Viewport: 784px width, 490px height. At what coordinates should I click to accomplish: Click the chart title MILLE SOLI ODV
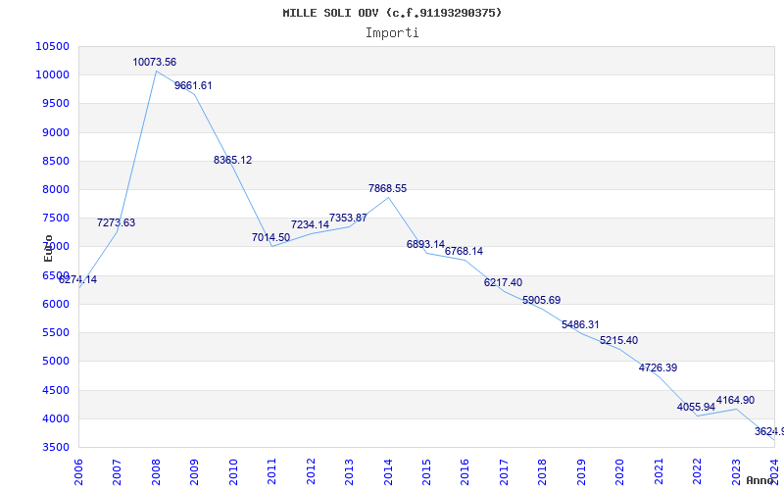[392, 13]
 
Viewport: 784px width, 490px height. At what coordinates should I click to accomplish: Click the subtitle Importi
[392, 32]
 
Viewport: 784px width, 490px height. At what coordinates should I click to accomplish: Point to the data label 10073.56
[155, 62]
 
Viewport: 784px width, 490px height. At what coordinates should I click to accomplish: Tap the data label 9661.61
[193, 85]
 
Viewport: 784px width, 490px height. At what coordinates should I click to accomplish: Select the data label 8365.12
[232, 160]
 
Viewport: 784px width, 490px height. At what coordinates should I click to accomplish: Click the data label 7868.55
[387, 188]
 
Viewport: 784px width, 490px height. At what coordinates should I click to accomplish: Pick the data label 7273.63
[116, 222]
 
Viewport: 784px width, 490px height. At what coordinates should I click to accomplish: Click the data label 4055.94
[696, 407]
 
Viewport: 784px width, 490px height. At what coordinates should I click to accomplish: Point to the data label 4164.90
[735, 400]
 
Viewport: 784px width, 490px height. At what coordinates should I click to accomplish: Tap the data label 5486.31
[580, 324]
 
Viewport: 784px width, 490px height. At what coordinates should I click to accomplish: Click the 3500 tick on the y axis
[55, 447]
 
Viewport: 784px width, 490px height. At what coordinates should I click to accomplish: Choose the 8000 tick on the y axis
[55, 189]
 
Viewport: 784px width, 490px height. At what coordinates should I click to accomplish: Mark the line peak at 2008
[156, 71]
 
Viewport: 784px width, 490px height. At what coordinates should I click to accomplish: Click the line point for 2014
[388, 197]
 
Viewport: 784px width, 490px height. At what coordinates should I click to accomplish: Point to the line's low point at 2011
[272, 246]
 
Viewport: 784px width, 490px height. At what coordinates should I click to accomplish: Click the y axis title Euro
[49, 248]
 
